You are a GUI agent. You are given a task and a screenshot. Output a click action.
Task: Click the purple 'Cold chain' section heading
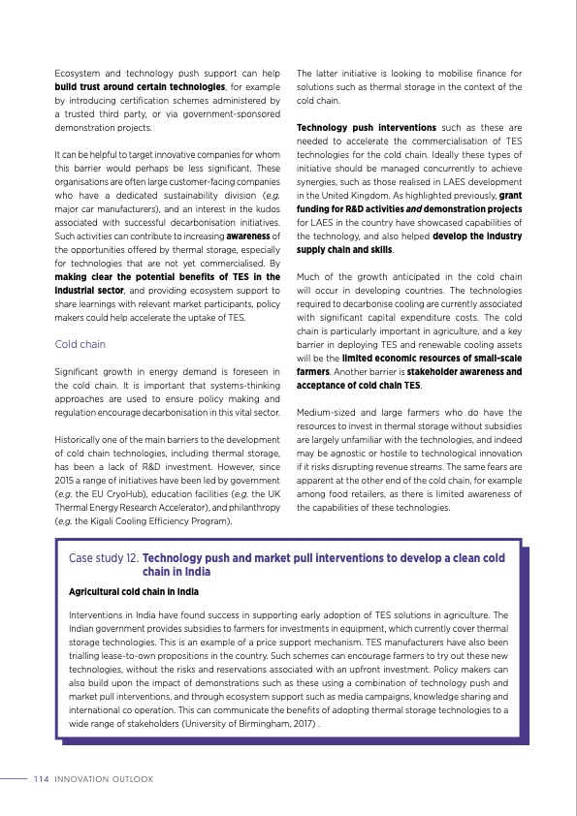pyautogui.click(x=80, y=344)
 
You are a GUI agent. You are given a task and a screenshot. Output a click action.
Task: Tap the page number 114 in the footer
pyautogui.click(x=41, y=778)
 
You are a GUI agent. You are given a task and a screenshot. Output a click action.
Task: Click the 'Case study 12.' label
pyautogui.click(x=105, y=558)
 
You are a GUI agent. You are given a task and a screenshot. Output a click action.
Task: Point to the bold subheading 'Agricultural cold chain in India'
pyautogui.click(x=134, y=590)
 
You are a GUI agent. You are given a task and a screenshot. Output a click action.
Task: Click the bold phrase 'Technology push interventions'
pyautogui.click(x=366, y=128)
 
